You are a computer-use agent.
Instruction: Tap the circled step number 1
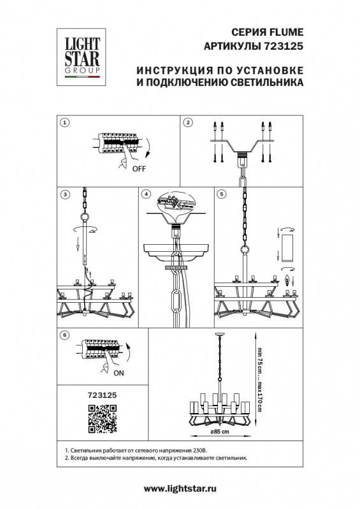[64, 122]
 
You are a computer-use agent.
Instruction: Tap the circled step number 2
[188, 122]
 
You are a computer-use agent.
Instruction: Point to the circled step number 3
[64, 194]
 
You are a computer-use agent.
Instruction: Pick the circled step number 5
[221, 194]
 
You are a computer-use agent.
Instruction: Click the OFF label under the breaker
[138, 170]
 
